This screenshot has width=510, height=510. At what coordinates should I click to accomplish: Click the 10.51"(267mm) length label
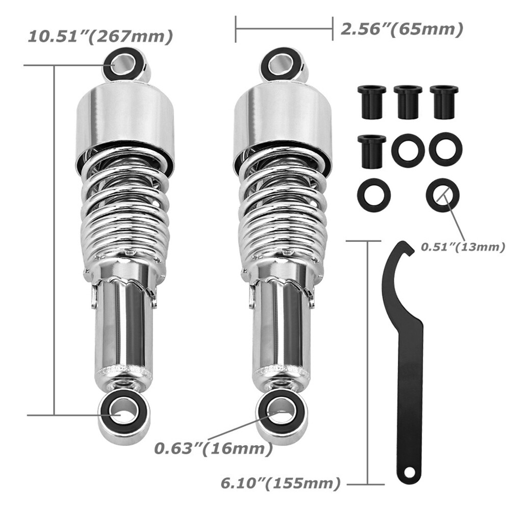[99, 37]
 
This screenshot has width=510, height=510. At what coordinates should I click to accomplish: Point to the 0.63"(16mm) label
[212, 449]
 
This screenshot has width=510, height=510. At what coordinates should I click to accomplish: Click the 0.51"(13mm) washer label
[462, 247]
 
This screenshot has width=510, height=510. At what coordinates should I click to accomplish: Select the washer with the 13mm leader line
[442, 194]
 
